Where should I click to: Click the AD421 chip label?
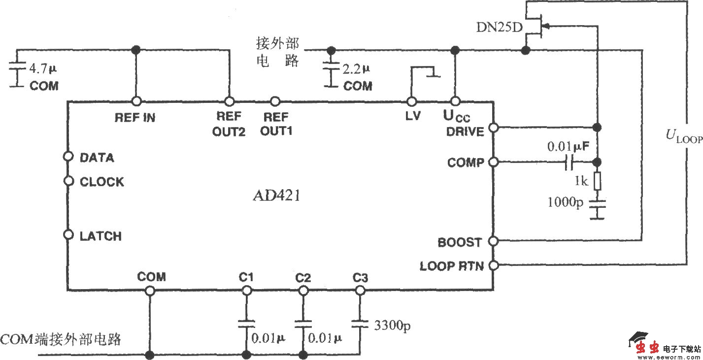276,196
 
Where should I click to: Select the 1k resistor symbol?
597,181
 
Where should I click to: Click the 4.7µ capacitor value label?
43,67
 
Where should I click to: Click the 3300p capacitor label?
392,326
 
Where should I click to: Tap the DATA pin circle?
69,157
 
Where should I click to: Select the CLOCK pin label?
102,182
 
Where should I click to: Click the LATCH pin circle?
69,234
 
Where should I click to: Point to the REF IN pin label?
135,118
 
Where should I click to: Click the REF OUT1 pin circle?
276,101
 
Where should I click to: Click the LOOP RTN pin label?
451,266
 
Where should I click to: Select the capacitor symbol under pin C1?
245,324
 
